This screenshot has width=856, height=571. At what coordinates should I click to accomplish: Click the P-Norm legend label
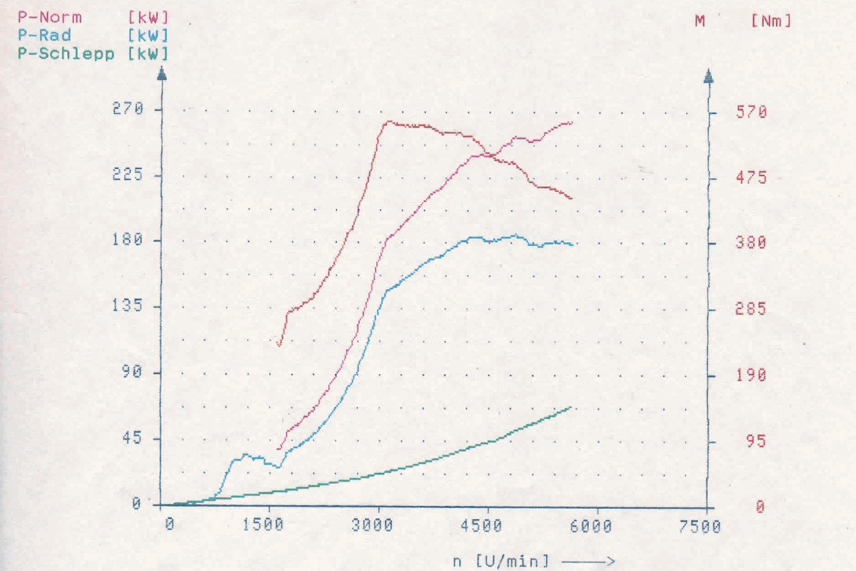[50, 18]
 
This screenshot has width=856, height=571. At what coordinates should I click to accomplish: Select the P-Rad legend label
[44, 36]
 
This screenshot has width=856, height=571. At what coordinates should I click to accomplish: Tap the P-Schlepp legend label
[66, 54]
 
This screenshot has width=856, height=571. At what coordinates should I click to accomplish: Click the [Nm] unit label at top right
[771, 21]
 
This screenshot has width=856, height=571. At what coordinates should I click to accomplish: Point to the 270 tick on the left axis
[128, 108]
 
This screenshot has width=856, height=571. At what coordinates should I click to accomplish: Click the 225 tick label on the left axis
[127, 174]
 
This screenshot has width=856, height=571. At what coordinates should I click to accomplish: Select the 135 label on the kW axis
[127, 305]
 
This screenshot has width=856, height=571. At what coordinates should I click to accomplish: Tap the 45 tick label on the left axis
[132, 438]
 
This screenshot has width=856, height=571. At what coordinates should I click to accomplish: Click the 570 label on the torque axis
[751, 112]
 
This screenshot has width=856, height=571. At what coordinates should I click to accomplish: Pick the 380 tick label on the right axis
[751, 243]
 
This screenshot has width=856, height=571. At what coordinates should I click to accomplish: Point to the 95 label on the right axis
[756, 441]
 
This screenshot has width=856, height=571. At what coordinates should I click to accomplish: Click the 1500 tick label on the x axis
[263, 525]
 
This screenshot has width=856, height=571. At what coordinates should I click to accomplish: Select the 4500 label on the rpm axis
[481, 526]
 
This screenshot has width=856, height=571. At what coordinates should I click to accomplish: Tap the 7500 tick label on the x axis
[700, 527]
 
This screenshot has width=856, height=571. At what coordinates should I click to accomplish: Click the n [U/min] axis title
[501, 561]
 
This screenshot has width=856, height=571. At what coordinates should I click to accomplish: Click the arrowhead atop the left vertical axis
[162, 74]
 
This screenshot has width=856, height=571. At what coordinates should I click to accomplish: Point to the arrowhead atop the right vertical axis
[708, 76]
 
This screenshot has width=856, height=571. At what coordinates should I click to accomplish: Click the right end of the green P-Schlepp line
[571, 408]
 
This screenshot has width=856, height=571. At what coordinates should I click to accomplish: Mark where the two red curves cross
[489, 155]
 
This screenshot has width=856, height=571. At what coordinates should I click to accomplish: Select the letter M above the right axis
[700, 21]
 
